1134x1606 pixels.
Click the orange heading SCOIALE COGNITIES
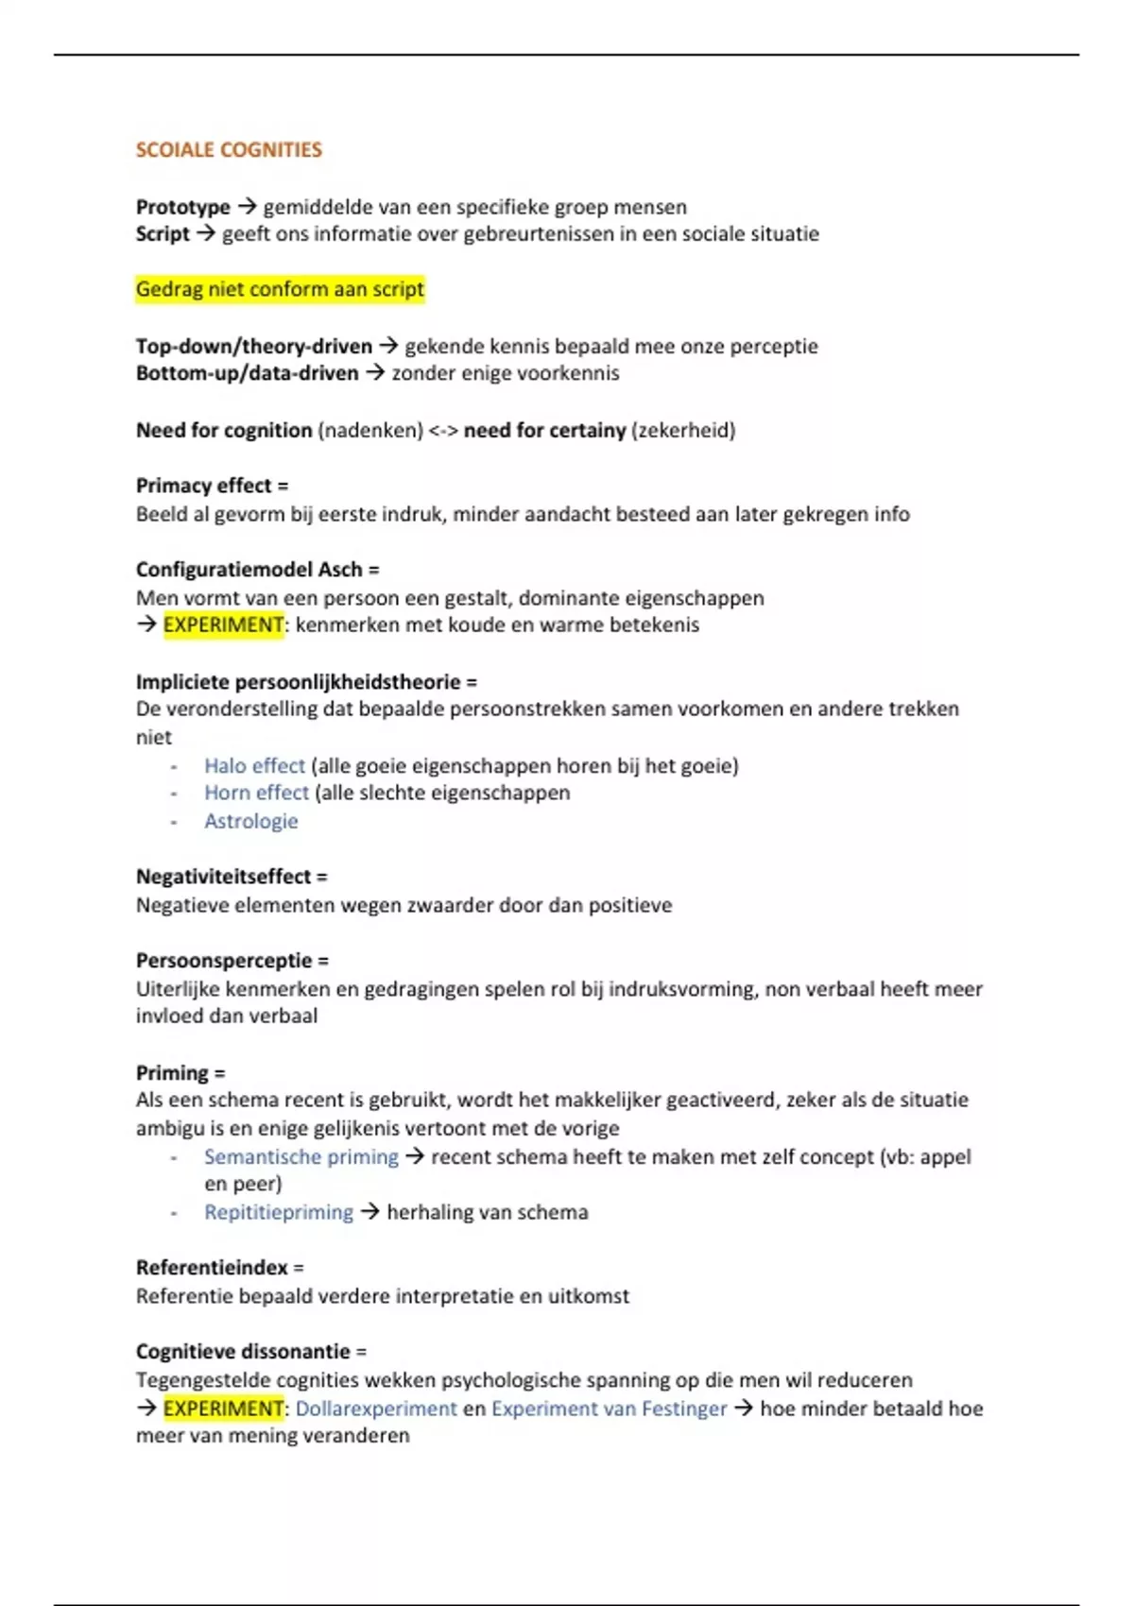(x=229, y=149)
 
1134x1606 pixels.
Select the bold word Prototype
(x=182, y=207)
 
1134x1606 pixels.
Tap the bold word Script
(x=163, y=233)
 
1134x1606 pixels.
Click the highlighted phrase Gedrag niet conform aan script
(x=280, y=289)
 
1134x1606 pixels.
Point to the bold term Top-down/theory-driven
(x=253, y=346)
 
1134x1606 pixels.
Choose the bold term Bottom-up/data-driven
(x=247, y=373)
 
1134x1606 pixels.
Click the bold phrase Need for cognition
(x=224, y=430)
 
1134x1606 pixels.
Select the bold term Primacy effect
(x=203, y=486)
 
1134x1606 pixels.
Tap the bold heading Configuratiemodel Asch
(x=249, y=570)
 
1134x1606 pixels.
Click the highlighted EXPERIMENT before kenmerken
(x=223, y=624)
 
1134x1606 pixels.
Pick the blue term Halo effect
(x=254, y=765)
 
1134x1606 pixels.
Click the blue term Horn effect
(x=256, y=793)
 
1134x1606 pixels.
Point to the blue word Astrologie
(x=250, y=821)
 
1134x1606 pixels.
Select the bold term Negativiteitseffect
(x=223, y=877)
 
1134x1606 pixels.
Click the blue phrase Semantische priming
(x=301, y=1156)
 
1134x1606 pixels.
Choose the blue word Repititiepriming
(x=278, y=1212)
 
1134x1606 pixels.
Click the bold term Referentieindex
(x=212, y=1268)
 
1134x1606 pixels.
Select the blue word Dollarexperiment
(x=376, y=1409)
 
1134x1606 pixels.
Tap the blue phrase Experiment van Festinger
(x=609, y=1409)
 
